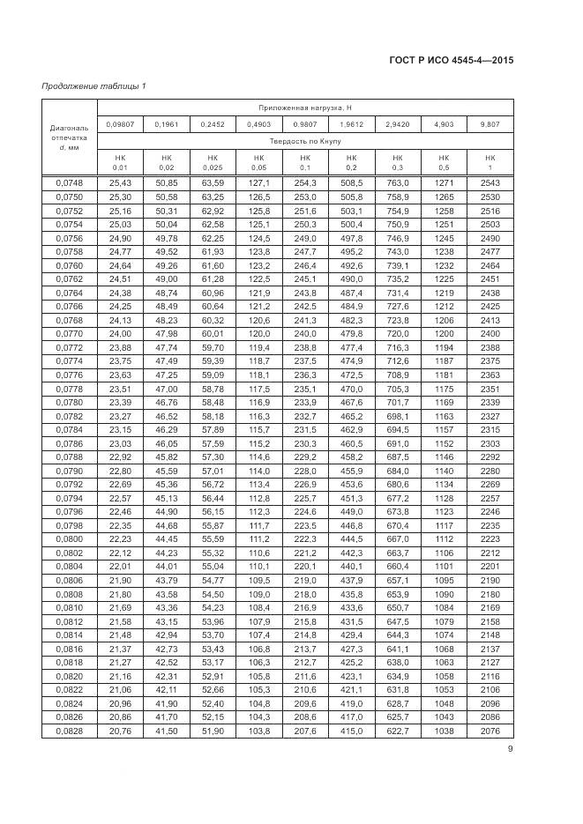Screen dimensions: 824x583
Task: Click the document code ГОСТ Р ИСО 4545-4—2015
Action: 451,61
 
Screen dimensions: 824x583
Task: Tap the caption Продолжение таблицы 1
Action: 94,85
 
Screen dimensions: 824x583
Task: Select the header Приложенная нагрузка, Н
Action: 305,108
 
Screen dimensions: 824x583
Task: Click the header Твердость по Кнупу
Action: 305,140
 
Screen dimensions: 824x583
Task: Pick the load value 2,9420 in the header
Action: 397,124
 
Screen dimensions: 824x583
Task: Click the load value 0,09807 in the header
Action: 120,124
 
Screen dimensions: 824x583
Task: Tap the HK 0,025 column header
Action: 213,161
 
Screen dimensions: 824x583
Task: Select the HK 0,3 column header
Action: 397,161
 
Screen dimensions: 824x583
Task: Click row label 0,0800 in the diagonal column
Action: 69,538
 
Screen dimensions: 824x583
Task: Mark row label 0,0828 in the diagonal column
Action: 69,731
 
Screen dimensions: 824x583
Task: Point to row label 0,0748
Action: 69,182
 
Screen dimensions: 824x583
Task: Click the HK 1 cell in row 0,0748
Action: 490,182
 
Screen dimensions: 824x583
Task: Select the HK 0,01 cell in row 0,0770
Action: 120,334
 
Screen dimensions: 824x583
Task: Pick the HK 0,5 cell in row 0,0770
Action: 444,334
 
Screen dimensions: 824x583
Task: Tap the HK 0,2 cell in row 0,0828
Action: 351,731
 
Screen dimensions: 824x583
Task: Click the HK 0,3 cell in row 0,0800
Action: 397,538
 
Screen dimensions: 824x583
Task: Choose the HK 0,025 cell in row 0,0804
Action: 213,566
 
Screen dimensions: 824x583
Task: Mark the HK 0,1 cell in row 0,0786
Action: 305,442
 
